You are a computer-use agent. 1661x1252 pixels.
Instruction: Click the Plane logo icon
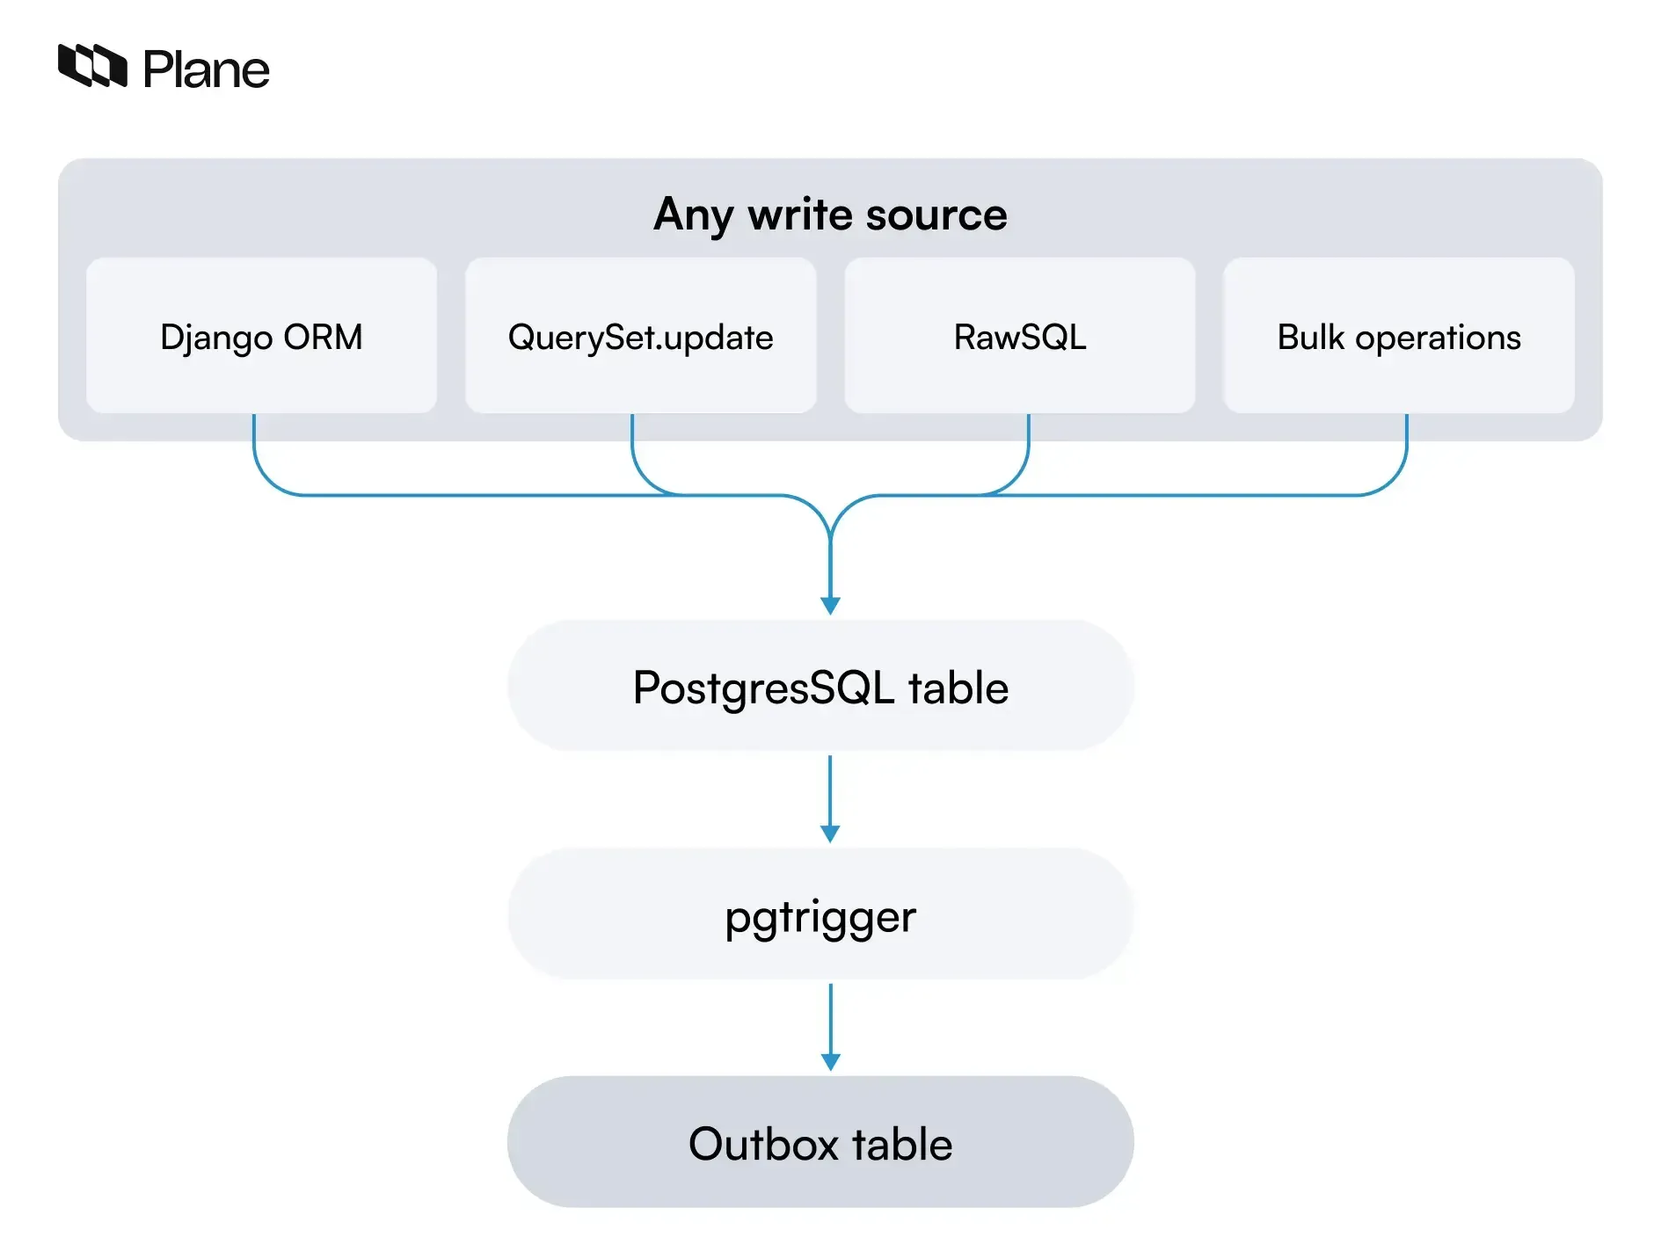[x=91, y=66]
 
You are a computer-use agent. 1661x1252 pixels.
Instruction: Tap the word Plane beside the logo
[x=206, y=70]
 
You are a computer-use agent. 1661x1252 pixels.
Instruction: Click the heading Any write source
[x=830, y=215]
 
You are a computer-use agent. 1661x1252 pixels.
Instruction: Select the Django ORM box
[x=261, y=336]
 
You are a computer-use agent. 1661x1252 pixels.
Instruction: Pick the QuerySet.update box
[x=640, y=336]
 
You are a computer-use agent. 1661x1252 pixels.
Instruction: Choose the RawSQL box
[x=1019, y=336]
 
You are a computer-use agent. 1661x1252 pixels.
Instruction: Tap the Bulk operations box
[x=1398, y=336]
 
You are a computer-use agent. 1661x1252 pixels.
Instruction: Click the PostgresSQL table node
[x=820, y=687]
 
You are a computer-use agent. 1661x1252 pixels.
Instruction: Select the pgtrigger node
[x=820, y=915]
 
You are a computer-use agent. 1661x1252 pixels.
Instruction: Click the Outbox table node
[x=820, y=1143]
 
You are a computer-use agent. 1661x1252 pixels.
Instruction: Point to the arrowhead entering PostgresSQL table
[x=830, y=605]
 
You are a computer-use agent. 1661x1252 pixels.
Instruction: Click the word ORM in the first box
[x=323, y=337]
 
